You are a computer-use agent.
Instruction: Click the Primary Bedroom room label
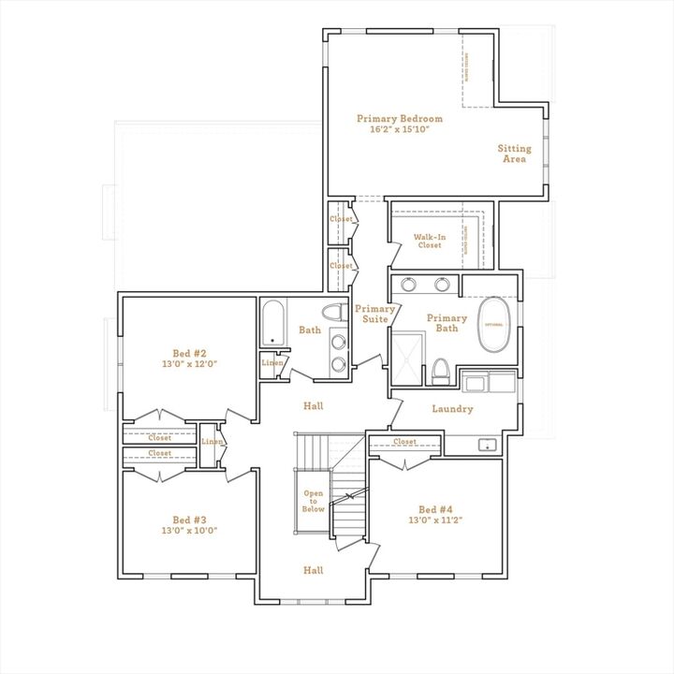click(399, 119)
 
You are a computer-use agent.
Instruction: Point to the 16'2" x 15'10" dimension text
click(399, 129)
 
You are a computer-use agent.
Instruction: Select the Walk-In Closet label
click(429, 241)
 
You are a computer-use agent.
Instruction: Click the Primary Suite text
click(374, 314)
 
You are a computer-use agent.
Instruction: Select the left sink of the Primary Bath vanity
click(410, 285)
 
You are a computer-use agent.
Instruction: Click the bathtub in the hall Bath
click(274, 323)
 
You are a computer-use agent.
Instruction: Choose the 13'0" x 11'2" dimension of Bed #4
click(436, 520)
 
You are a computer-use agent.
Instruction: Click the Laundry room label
click(452, 409)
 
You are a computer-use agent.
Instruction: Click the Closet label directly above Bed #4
click(404, 442)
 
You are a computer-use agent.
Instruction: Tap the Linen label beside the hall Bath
click(272, 362)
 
